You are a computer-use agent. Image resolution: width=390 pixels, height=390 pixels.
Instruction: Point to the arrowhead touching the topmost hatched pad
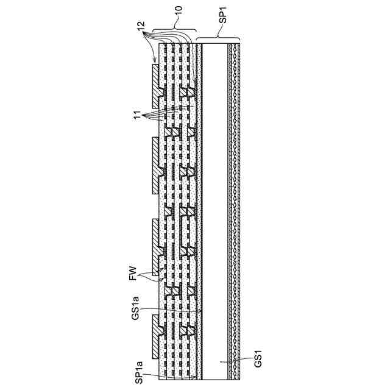tap(154, 62)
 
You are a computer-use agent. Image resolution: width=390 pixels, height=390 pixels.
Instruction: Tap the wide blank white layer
tap(213, 207)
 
